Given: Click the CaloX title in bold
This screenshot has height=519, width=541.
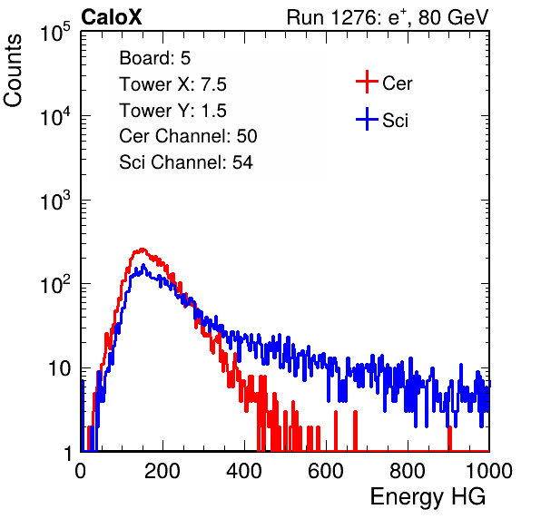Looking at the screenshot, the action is pyautogui.click(x=112, y=17).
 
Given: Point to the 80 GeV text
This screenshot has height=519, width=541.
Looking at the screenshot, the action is pyautogui.click(x=453, y=17).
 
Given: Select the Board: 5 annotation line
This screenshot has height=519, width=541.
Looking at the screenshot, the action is pyautogui.click(x=155, y=58).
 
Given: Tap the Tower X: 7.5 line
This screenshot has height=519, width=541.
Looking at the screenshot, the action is pyautogui.click(x=172, y=84).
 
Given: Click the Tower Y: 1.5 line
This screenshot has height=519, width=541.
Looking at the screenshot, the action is pyautogui.click(x=172, y=111).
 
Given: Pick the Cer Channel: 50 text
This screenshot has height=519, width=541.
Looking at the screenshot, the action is pyautogui.click(x=188, y=136).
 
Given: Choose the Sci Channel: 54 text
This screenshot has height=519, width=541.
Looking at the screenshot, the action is pyautogui.click(x=186, y=162).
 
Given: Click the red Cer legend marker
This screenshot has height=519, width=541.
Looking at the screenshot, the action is pyautogui.click(x=367, y=82).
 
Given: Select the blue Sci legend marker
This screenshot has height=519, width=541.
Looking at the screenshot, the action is pyautogui.click(x=367, y=119).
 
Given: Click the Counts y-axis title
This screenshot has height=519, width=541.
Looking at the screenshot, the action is pyautogui.click(x=13, y=70).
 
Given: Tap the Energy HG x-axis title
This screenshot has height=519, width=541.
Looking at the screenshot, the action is pyautogui.click(x=428, y=497).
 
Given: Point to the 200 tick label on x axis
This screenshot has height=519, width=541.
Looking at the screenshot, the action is pyautogui.click(x=162, y=471).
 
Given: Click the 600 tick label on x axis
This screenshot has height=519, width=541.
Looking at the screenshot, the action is pyautogui.click(x=326, y=471).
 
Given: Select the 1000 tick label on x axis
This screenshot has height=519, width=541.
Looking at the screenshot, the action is pyautogui.click(x=489, y=471).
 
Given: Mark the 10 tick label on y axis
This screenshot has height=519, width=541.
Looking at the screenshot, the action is pyautogui.click(x=59, y=368).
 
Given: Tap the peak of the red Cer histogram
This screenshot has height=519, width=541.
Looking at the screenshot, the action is pyautogui.click(x=142, y=250).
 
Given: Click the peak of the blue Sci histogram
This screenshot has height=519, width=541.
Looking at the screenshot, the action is pyautogui.click(x=143, y=266).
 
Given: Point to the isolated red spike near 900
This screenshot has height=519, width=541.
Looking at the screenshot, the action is pyautogui.click(x=449, y=438).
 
